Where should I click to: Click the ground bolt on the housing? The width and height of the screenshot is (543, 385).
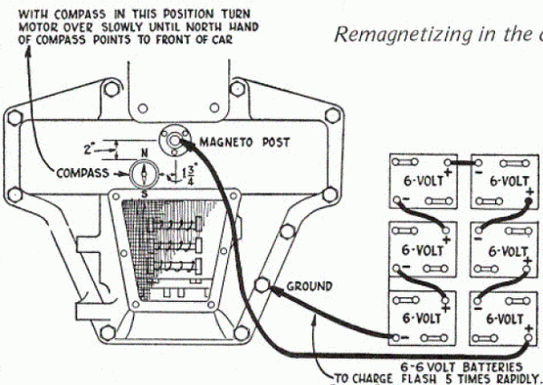(264, 286)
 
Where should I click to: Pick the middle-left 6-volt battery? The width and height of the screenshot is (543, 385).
(421, 249)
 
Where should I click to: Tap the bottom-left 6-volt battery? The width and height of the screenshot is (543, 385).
(421, 317)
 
